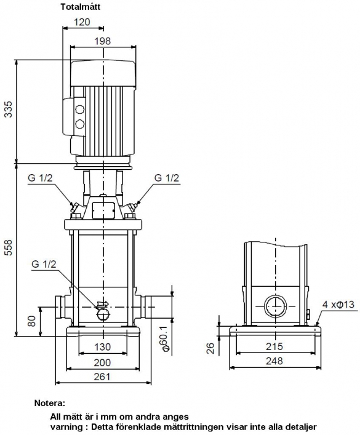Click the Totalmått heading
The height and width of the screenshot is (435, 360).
(x=81, y=7)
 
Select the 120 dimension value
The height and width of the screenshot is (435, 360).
(x=82, y=22)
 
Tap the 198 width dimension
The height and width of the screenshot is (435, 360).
(x=102, y=41)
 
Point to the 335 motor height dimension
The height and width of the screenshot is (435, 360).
(x=9, y=110)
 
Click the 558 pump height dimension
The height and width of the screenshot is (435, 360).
(x=9, y=247)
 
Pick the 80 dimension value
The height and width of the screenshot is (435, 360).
(x=32, y=321)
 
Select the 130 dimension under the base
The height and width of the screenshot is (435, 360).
(x=102, y=347)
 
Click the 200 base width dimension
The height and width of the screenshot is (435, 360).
(x=102, y=362)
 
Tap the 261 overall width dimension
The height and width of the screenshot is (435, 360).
(x=102, y=377)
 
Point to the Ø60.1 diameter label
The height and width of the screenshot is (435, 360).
(x=165, y=338)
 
